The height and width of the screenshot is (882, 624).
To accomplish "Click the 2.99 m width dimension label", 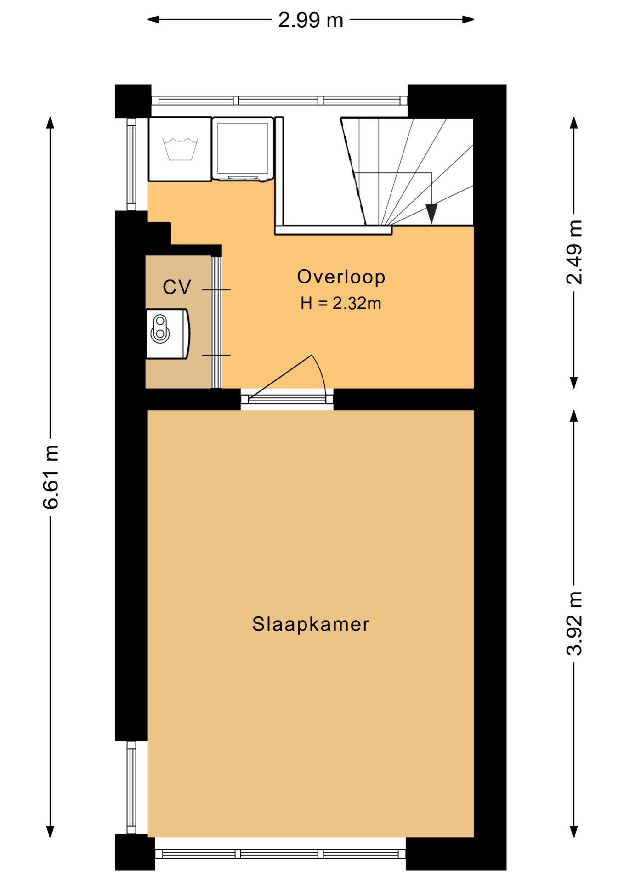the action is pos(311,20).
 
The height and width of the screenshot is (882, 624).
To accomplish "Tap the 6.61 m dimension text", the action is pos(51,476).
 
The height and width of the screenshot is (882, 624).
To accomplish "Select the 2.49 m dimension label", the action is pos(574,252).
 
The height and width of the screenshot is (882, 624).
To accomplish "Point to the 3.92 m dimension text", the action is pos(574,622).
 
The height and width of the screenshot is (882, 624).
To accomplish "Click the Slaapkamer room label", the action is pos(311,624).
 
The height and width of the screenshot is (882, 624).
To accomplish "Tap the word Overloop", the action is pos(341,277).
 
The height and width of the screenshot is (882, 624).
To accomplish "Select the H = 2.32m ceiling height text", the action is pos(341,303).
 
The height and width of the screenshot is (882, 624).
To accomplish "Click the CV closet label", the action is pos(177,287).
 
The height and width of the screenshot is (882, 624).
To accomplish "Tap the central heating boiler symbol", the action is pos(168,334).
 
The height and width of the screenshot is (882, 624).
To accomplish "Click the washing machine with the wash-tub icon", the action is pos(180,149).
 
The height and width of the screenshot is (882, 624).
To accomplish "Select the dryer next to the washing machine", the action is pos(243,148).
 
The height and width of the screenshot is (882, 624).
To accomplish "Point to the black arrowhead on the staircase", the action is pos(431,214).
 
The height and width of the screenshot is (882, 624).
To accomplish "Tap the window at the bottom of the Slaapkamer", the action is pos(280,854).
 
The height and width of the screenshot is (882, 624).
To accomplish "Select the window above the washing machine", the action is pos(279,101).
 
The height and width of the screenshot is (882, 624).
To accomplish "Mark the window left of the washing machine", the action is pos(132,164).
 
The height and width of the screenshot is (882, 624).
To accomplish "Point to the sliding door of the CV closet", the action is pos(216,322).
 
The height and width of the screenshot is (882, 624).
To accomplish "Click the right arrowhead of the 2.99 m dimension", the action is pos(468,19).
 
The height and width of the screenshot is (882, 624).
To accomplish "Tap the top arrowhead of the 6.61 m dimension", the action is pos(51,123).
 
